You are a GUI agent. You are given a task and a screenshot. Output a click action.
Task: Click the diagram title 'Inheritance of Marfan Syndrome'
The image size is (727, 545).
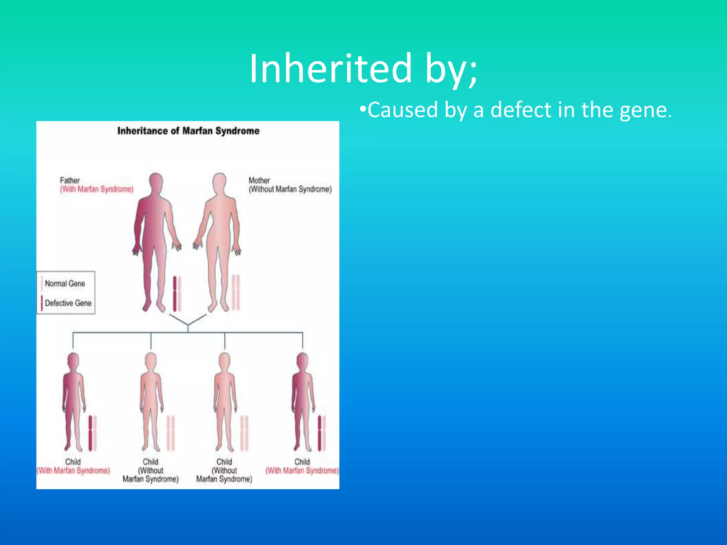188,131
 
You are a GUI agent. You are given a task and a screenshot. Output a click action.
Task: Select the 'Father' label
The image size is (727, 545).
70,180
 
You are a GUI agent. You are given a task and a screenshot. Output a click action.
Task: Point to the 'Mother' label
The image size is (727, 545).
259,180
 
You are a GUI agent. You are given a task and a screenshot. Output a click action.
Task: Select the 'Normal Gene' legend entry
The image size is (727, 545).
65,283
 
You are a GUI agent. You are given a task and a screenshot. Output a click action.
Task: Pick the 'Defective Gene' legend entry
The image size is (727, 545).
67,303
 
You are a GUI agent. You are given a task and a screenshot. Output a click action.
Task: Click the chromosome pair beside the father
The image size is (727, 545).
177,294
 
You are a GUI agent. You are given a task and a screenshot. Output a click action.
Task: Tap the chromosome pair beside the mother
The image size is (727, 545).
236,292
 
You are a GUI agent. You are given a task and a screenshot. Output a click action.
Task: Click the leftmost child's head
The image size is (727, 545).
73,361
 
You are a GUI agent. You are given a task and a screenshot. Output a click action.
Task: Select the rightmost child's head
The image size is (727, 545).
302,361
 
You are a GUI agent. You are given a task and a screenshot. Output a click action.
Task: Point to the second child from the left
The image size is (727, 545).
151,401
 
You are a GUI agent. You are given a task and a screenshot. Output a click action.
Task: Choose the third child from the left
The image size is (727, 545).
225,401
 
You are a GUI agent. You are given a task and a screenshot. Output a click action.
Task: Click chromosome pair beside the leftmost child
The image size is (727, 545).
92,433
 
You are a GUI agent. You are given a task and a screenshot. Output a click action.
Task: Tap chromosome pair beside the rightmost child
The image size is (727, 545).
322,433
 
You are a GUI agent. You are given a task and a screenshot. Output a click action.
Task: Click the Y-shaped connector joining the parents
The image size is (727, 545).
188,321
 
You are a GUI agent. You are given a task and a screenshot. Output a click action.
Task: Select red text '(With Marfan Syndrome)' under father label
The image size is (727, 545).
97,189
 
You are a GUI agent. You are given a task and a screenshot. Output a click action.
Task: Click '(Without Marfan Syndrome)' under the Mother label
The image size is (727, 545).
290,189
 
